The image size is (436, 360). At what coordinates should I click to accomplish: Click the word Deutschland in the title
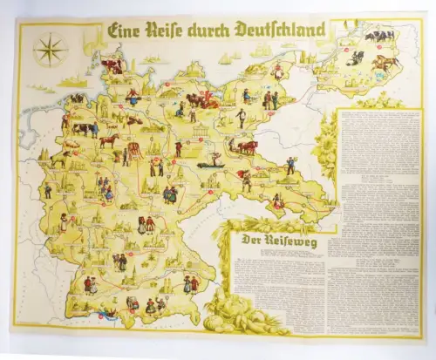276,30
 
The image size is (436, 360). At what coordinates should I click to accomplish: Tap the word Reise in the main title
169,30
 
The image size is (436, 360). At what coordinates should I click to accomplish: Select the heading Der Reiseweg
273,242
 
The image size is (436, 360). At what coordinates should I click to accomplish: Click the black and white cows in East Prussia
380,36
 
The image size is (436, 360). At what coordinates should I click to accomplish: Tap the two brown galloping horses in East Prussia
385,63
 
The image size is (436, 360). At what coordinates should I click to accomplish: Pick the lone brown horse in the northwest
108,139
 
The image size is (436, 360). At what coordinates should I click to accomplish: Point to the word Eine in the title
126,30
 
